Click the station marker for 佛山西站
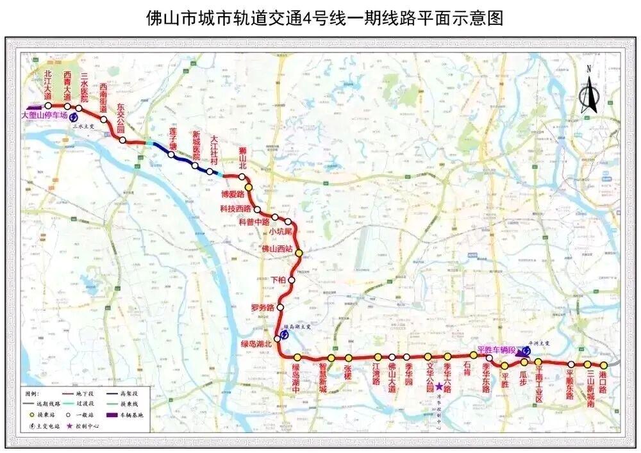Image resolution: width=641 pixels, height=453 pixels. tap(299, 253)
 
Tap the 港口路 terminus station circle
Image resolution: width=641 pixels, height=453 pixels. tap(603, 365)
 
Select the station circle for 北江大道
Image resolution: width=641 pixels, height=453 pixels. tap(48, 106)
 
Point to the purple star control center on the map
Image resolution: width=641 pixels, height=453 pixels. tap(439, 386)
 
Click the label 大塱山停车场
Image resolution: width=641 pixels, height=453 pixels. tap(44, 116)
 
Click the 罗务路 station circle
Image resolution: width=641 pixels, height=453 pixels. tap(280, 308)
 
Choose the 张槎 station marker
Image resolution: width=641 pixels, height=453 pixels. tap(349, 358)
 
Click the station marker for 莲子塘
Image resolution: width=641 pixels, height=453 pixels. tap(171, 154)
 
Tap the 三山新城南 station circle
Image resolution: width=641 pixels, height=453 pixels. tap(587, 365)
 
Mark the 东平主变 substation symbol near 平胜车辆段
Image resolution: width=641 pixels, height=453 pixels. tap(526, 351)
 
